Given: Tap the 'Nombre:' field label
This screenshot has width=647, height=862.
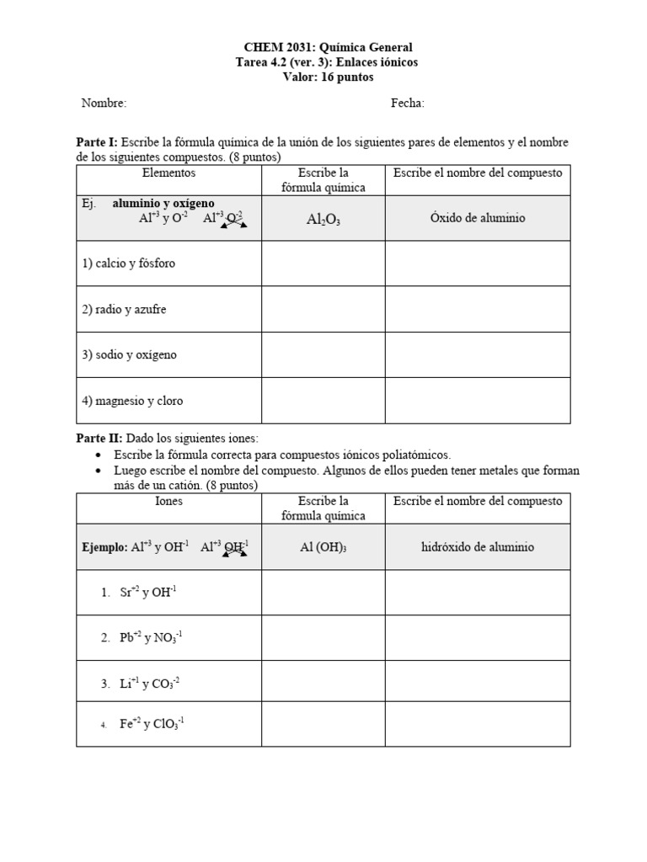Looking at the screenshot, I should [104, 104].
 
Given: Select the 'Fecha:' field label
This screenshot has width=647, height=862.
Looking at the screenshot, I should [408, 104].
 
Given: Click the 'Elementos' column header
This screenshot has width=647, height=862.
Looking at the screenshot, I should [168, 173].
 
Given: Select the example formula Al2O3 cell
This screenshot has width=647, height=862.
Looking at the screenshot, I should [323, 219].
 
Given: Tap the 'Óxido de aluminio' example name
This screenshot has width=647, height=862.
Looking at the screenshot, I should [478, 218].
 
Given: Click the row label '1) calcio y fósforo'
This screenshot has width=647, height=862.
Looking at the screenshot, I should [129, 263].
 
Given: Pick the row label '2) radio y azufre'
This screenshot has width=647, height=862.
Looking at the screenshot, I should [125, 309].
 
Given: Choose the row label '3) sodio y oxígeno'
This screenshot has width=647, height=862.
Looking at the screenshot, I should [130, 354].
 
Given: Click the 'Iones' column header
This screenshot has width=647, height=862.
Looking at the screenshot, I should [168, 501].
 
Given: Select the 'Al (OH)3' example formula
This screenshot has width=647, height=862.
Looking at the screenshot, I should [323, 547].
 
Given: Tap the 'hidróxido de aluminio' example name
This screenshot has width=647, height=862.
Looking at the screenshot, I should [478, 547].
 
